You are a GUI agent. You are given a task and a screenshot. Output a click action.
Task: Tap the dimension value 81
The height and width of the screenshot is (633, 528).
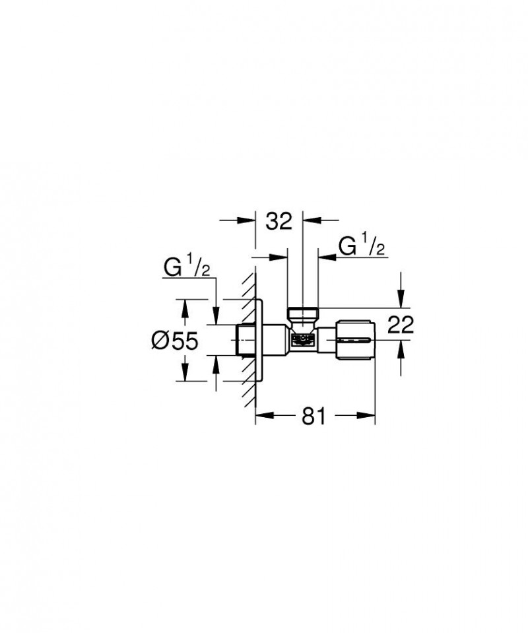pyautogui.click(x=314, y=415)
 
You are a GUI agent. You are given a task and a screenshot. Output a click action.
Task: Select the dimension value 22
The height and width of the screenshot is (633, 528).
pyautogui.click(x=400, y=324)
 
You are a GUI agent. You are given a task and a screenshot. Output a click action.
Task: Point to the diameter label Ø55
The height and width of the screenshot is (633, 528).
pyautogui.click(x=175, y=340)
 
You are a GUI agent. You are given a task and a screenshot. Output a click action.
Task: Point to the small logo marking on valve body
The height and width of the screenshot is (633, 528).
pyautogui.click(x=301, y=341)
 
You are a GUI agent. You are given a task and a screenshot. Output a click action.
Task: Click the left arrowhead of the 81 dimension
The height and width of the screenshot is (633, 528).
pyautogui.click(x=261, y=415)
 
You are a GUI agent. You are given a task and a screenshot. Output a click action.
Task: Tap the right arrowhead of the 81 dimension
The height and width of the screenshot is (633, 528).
pyautogui.click(x=369, y=415)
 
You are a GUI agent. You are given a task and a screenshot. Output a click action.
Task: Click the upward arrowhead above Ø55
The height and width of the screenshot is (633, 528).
pyautogui.click(x=185, y=305)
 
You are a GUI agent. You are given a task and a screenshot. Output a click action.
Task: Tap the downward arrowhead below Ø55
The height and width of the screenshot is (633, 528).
pyautogui.click(x=185, y=376)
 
